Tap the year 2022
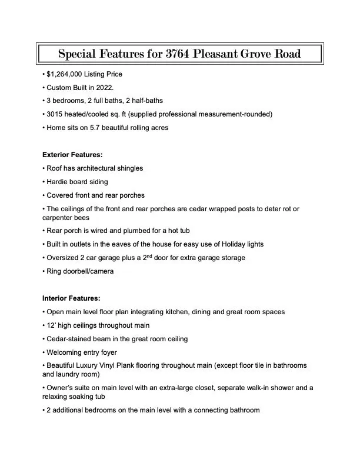pyautogui.click(x=115, y=88)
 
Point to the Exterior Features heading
pyautogui.click(x=72, y=155)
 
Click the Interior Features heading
pyautogui.click(x=71, y=298)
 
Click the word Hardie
pyautogui.click(x=58, y=182)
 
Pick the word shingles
pyautogui.click(x=129, y=168)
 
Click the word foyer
pyautogui.click(x=108, y=352)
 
